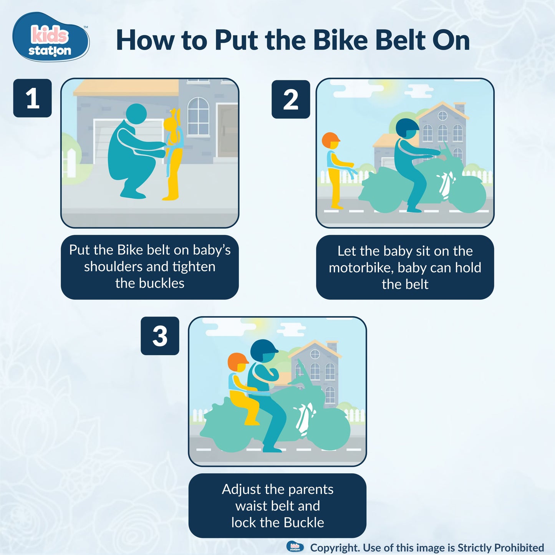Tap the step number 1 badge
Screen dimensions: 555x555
[x=33, y=98]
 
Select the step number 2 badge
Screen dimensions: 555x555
[x=291, y=99]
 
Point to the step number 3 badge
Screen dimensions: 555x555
[x=160, y=336]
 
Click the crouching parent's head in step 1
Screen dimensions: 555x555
[x=136, y=114]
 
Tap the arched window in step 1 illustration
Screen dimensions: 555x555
[x=198, y=116]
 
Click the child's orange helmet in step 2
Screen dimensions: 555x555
[x=331, y=140]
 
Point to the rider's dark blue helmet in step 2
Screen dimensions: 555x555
[x=407, y=128]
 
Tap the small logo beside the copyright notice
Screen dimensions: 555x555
[x=295, y=547]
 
